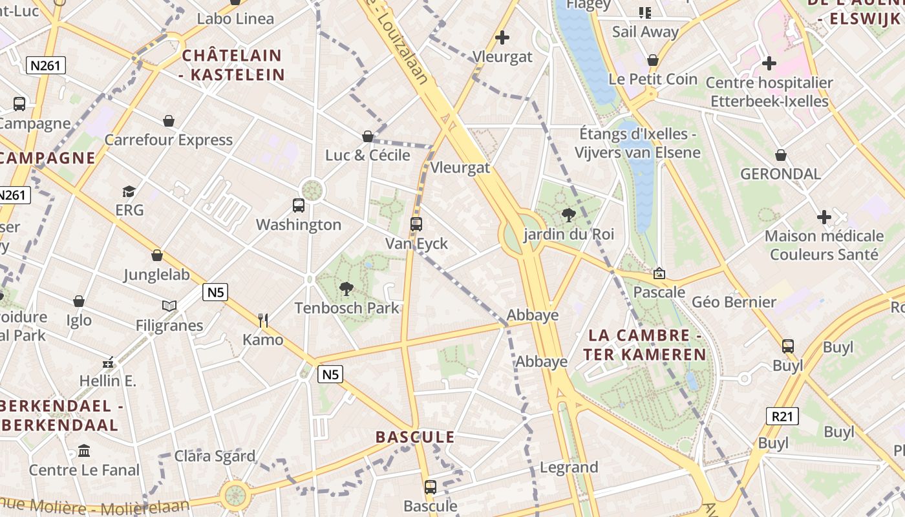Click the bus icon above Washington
(x=299, y=206)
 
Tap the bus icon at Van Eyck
(x=416, y=224)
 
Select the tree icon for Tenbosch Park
(x=346, y=288)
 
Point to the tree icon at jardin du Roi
(x=569, y=215)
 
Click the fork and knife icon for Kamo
(x=263, y=321)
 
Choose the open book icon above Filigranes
(x=169, y=306)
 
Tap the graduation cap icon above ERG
(x=129, y=191)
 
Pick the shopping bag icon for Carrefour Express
(x=169, y=121)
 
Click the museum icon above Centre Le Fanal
(x=84, y=450)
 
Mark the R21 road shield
(x=782, y=416)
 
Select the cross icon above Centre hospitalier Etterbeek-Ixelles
(x=769, y=63)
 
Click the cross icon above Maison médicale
(x=824, y=217)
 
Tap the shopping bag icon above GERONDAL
(x=781, y=155)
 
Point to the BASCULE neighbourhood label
(x=415, y=438)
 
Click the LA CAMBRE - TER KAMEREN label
(x=645, y=345)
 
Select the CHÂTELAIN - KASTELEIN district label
(x=233, y=65)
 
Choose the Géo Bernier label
(x=734, y=302)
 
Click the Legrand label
(x=569, y=467)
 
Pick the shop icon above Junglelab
(x=157, y=255)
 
